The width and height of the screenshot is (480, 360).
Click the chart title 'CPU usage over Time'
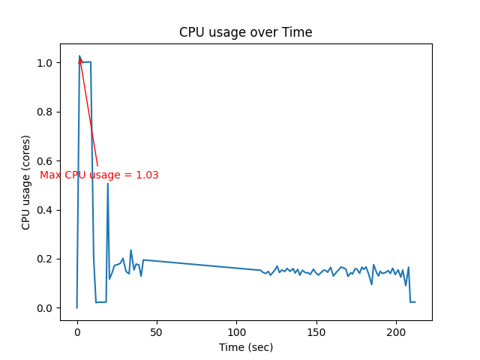(x=245, y=33)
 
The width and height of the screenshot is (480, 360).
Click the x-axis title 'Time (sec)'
(x=245, y=347)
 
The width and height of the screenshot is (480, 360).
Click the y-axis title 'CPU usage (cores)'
(x=26, y=182)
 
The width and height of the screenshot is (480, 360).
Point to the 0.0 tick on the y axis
(x=46, y=308)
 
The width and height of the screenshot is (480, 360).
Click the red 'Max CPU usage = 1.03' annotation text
(x=99, y=175)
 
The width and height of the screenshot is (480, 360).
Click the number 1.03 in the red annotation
(x=146, y=175)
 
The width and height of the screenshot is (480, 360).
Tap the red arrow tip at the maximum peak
(x=79, y=57)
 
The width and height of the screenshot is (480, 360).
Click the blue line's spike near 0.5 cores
(x=107, y=184)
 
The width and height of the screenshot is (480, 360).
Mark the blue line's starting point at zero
(x=76, y=307)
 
